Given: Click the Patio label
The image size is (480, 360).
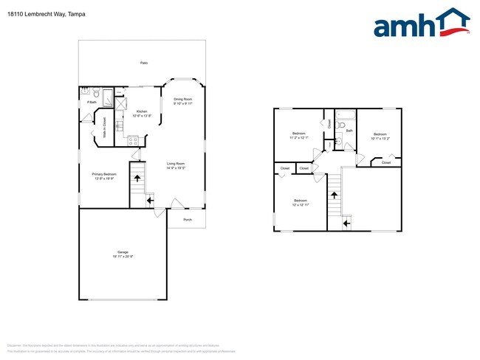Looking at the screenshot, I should coord(143,63).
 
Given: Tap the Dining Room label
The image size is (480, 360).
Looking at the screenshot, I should coord(183,99).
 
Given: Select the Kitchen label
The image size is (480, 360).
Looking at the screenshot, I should coord(142,112).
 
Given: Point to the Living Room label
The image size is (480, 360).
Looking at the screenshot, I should coord(175,164).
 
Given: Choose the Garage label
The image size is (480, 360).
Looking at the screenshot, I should coord(123,252).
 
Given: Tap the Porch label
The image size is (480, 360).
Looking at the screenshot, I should coord(187,219).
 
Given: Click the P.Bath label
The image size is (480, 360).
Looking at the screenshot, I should coord(92,102).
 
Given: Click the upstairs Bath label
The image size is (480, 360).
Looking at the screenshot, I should coord(349,131).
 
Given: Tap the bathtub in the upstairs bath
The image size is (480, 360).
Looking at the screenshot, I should coord(346,115).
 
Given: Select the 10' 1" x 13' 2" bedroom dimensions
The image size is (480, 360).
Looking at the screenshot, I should coord(380,138).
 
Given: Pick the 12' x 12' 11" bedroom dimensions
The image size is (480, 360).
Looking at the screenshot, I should coord(301,204).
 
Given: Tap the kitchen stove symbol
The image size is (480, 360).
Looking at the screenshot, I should coord(134,139).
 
